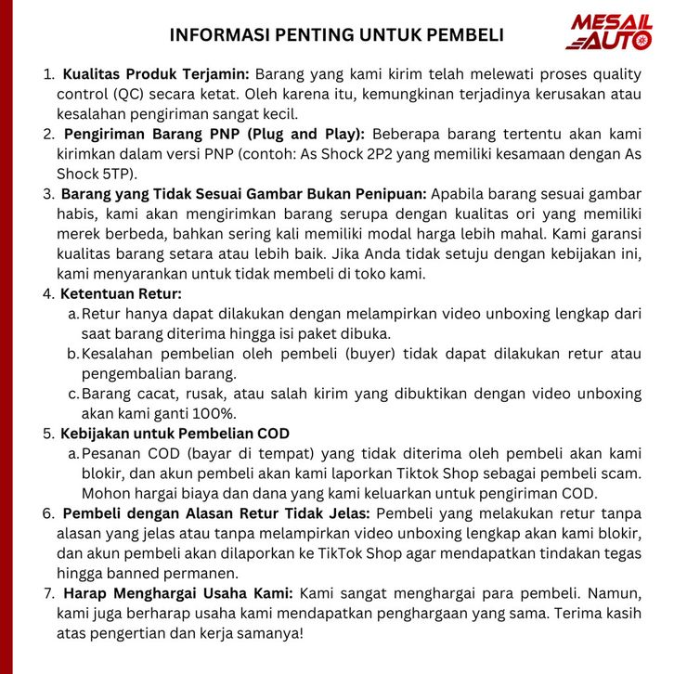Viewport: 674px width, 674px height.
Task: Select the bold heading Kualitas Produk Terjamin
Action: (x=155, y=73)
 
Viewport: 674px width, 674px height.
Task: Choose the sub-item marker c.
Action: (x=73, y=395)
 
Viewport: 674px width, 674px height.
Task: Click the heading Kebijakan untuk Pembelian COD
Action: (x=175, y=434)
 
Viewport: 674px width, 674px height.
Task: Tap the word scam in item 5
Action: (x=578, y=473)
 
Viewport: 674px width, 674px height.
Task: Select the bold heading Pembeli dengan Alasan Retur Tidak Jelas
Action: (x=216, y=513)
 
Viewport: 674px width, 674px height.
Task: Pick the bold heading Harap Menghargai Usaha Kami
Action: (x=178, y=593)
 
